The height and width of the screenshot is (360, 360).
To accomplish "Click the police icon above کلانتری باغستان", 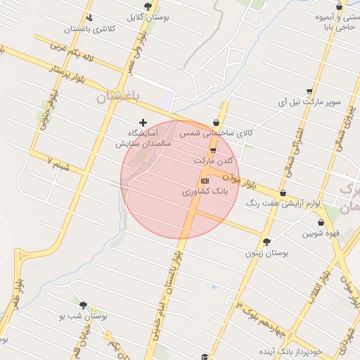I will (89, 18).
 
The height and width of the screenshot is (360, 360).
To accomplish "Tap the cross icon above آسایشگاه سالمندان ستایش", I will (144, 122).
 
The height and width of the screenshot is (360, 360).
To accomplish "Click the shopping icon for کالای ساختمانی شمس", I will (216, 122).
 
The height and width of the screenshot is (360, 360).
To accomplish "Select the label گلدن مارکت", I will (213, 161).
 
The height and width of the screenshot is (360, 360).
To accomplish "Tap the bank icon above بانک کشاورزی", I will (205, 181).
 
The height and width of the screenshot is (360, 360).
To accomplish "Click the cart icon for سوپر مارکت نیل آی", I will (309, 91).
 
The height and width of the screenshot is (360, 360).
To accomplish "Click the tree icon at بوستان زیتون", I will (266, 241).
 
